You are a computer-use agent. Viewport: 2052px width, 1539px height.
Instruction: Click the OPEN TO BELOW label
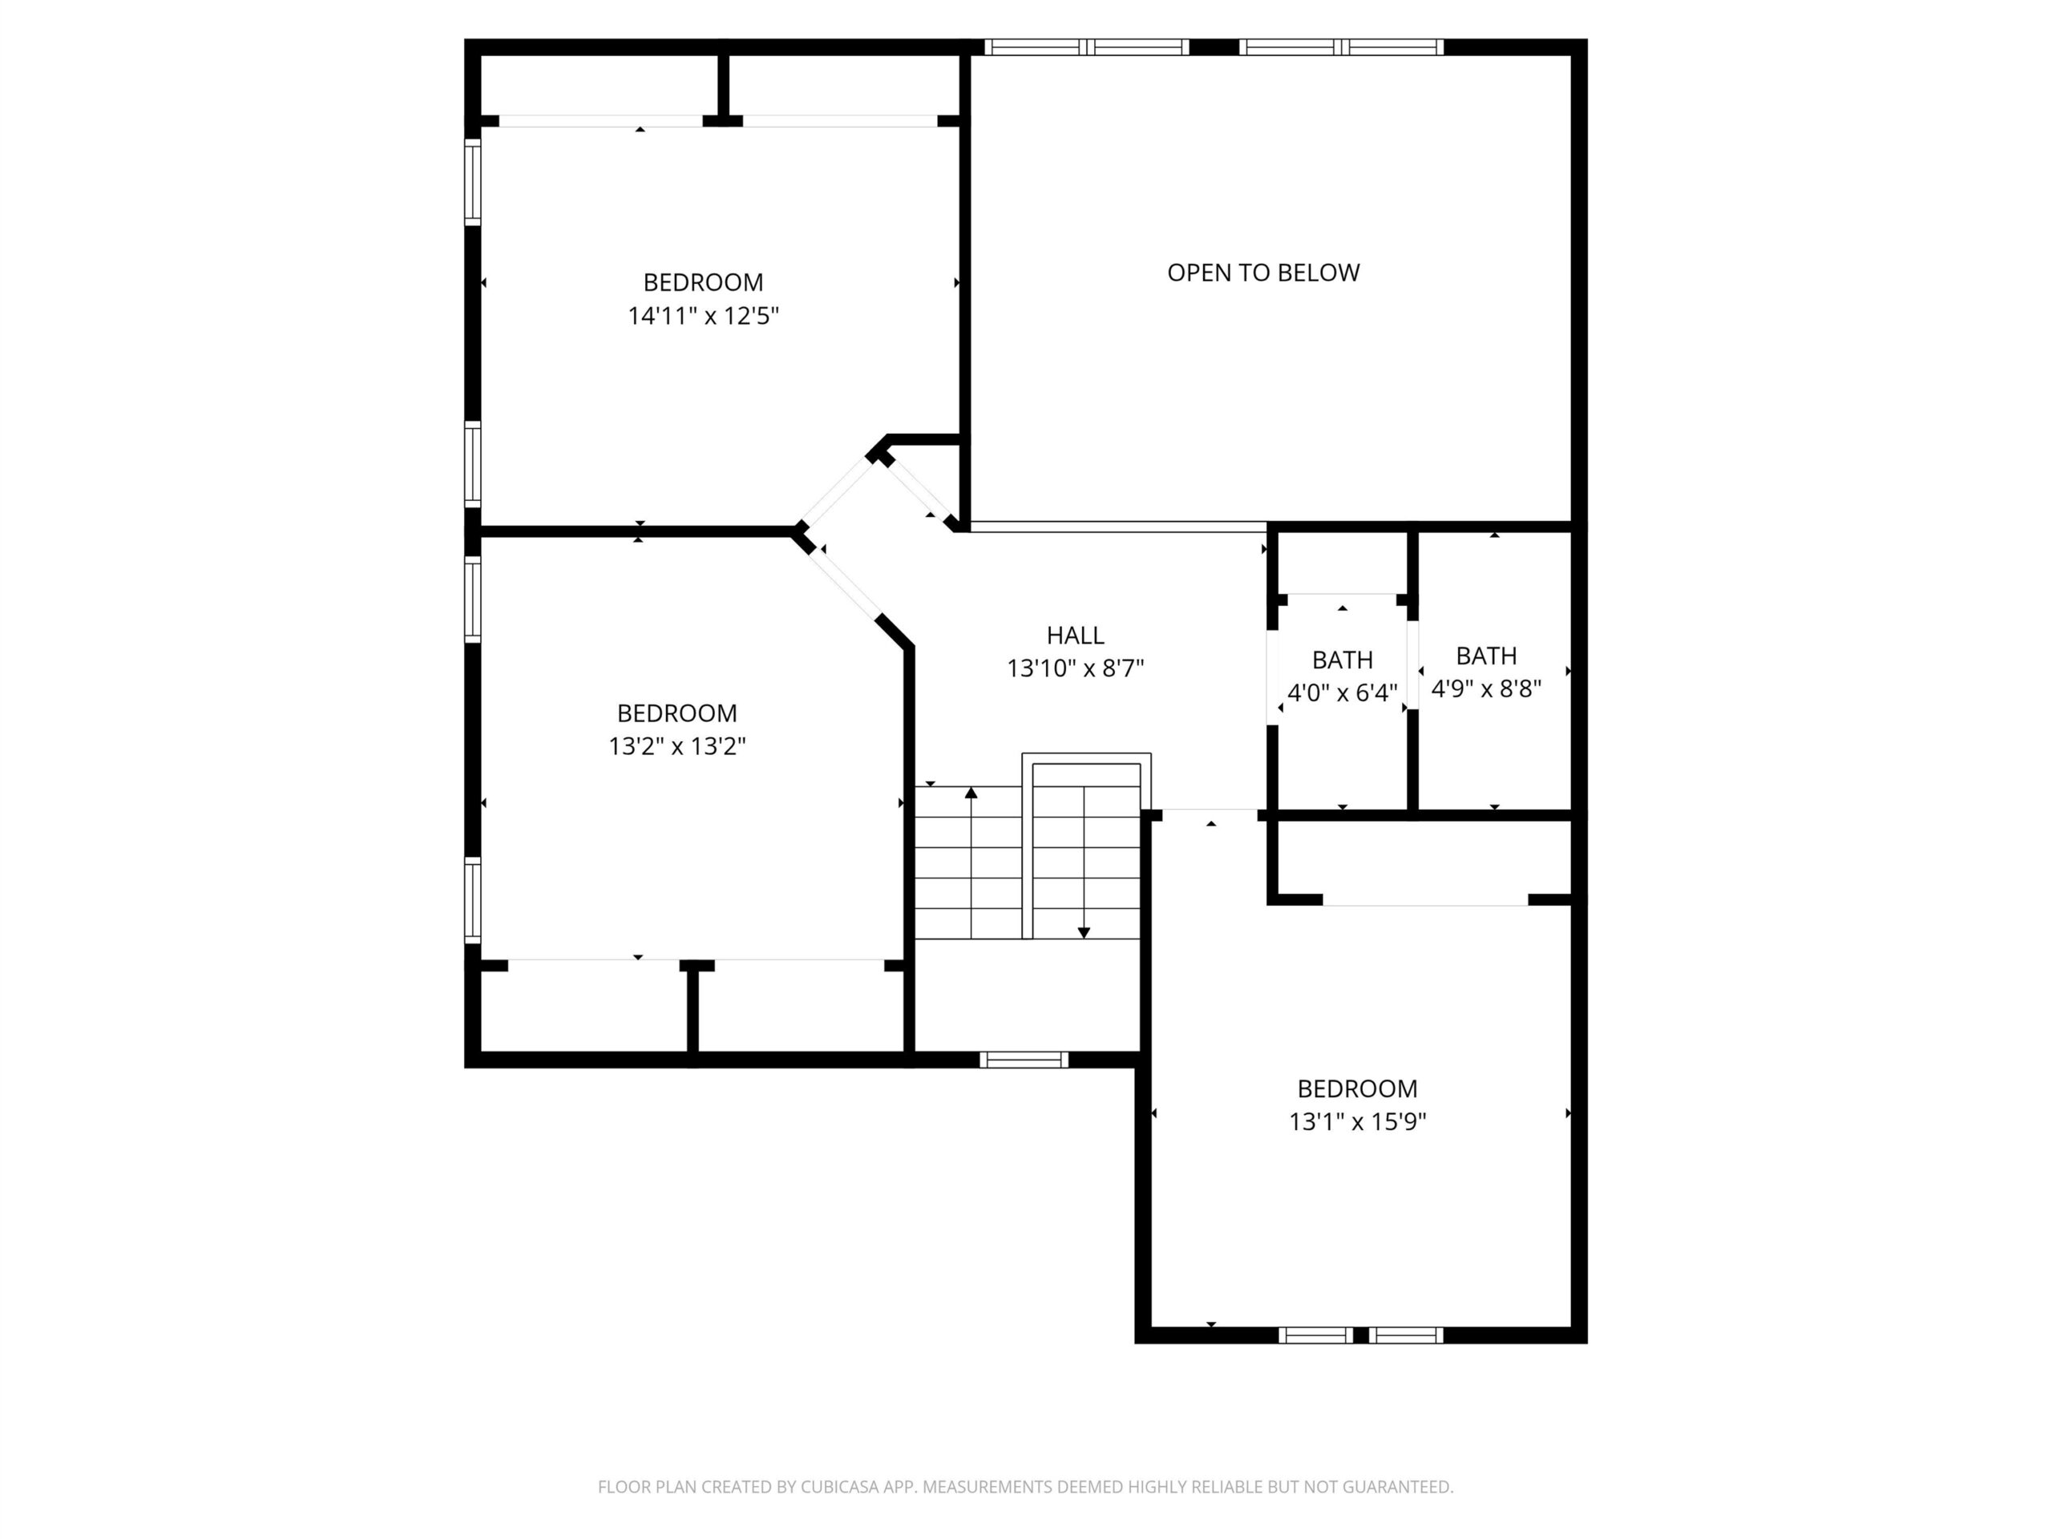[x=1262, y=273]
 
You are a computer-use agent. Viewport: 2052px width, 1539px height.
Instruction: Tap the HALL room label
[x=1075, y=636]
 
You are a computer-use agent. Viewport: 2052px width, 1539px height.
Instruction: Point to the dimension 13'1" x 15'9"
[x=1357, y=1122]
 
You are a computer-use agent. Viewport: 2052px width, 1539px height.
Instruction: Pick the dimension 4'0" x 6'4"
[x=1343, y=693]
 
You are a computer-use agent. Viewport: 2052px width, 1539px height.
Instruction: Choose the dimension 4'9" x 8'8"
[x=1486, y=689]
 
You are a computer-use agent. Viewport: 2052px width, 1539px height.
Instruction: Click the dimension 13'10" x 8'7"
[x=1075, y=669]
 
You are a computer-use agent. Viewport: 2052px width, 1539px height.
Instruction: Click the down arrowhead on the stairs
[x=1084, y=932]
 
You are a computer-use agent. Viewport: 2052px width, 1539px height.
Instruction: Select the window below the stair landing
[x=1024, y=1060]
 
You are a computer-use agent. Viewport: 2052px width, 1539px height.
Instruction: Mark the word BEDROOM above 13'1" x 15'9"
[x=1357, y=1089]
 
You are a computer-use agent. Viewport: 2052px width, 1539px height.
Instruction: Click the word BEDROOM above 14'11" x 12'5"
[x=703, y=283]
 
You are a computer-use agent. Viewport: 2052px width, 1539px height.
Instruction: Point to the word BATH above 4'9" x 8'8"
[x=1486, y=656]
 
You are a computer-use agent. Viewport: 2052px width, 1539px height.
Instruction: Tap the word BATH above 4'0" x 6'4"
[x=1343, y=660]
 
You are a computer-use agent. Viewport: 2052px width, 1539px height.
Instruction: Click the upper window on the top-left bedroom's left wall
[x=473, y=182]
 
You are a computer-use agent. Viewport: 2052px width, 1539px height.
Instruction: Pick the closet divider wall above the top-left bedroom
[x=724, y=87]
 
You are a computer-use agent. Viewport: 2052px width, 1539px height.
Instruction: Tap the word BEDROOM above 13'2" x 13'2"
[x=677, y=713]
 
